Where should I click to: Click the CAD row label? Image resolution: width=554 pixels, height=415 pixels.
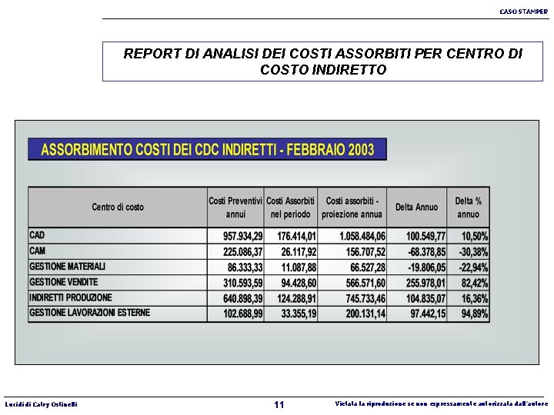tap(38, 235)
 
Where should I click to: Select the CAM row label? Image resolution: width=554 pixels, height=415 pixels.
tap(38, 251)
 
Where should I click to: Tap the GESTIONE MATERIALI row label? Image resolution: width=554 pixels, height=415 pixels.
tap(68, 267)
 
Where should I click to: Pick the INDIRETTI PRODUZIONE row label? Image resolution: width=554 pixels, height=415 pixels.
tap(71, 297)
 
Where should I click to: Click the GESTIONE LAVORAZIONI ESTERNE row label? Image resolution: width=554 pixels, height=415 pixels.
tap(90, 313)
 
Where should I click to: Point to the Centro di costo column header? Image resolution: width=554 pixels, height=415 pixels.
tap(118, 207)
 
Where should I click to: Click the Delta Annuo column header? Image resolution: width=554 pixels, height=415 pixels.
tap(416, 207)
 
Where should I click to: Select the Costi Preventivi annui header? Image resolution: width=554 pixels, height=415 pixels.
tap(235, 207)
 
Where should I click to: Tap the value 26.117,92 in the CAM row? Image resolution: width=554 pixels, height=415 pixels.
tap(291, 252)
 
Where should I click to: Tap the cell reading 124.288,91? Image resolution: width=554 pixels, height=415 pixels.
tap(291, 298)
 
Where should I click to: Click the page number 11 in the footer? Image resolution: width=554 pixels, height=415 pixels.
tap(279, 404)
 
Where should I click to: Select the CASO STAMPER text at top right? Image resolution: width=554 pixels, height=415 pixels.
tap(523, 12)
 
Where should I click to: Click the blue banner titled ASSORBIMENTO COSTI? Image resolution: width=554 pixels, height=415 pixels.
tap(207, 149)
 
